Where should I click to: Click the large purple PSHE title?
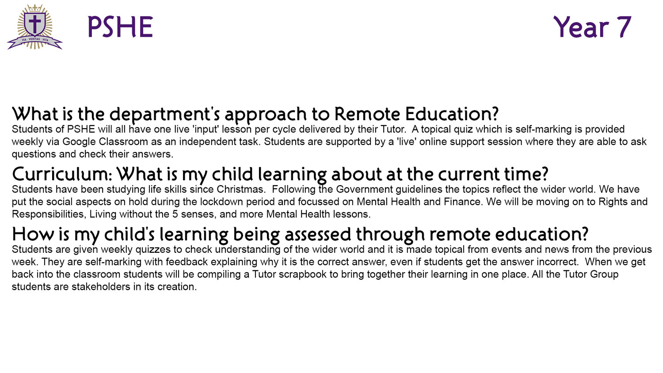pyautogui.click(x=120, y=27)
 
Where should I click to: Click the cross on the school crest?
pyautogui.click(x=35, y=23)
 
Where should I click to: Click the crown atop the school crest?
pyautogui.click(x=35, y=8)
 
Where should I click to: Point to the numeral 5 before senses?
pyautogui.click(x=175, y=214)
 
